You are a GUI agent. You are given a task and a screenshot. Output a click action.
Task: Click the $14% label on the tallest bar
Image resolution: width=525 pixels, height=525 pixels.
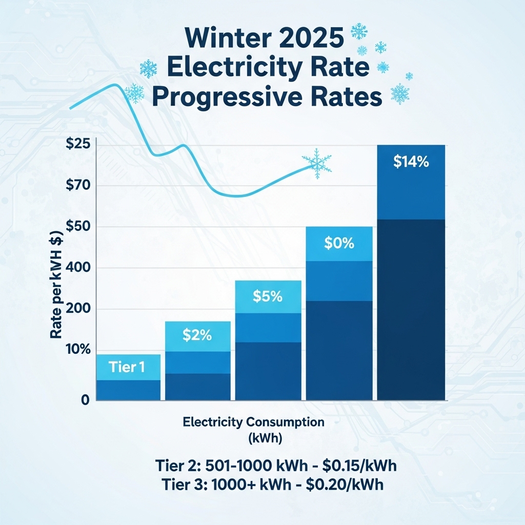[411, 161]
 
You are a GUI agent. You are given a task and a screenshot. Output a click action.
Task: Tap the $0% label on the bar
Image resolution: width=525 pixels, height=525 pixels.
[339, 244]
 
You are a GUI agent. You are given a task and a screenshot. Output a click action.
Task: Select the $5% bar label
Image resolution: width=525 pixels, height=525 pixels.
[268, 296]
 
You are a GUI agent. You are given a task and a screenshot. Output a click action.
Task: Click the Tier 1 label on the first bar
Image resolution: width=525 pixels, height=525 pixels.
[127, 367]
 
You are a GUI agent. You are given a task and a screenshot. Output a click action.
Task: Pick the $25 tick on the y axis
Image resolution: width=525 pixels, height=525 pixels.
[78, 144]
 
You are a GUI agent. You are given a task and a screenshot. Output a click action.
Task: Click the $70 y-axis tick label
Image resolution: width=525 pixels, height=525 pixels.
[78, 186]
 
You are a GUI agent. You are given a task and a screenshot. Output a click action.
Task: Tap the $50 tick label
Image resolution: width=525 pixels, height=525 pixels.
[78, 227]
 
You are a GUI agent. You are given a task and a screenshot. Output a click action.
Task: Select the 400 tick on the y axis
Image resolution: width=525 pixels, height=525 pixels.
[78, 268]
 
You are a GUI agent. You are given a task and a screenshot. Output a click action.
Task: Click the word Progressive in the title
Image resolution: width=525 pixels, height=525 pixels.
[229, 97]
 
